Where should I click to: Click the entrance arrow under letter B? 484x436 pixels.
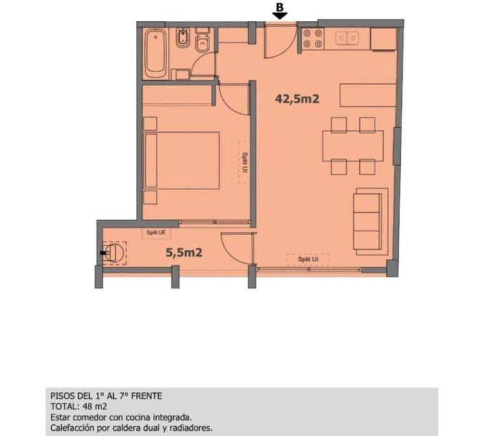[x=280, y=16]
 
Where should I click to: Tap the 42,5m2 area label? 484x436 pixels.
[x=297, y=99]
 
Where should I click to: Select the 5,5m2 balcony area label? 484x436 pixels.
[x=184, y=252]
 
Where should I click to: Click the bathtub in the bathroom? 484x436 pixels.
[x=156, y=54]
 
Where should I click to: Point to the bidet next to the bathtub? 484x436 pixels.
[x=183, y=38]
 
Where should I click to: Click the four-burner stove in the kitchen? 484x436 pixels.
[x=313, y=39]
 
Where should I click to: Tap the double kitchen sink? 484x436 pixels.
[x=347, y=38]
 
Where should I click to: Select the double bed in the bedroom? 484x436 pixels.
[x=181, y=160]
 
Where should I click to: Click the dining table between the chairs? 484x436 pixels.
[x=353, y=146]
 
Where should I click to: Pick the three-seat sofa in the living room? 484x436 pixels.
[x=370, y=221]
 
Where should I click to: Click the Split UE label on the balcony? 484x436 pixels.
[x=156, y=232]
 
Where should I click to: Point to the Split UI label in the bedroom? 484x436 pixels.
[x=245, y=163]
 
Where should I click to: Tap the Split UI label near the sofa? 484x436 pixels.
[x=308, y=260]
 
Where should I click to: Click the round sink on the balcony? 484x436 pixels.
[x=114, y=253]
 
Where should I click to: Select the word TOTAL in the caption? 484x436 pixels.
[x=62, y=406]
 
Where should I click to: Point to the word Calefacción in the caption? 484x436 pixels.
[x=73, y=428]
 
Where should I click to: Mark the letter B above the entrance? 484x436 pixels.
[x=280, y=7]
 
